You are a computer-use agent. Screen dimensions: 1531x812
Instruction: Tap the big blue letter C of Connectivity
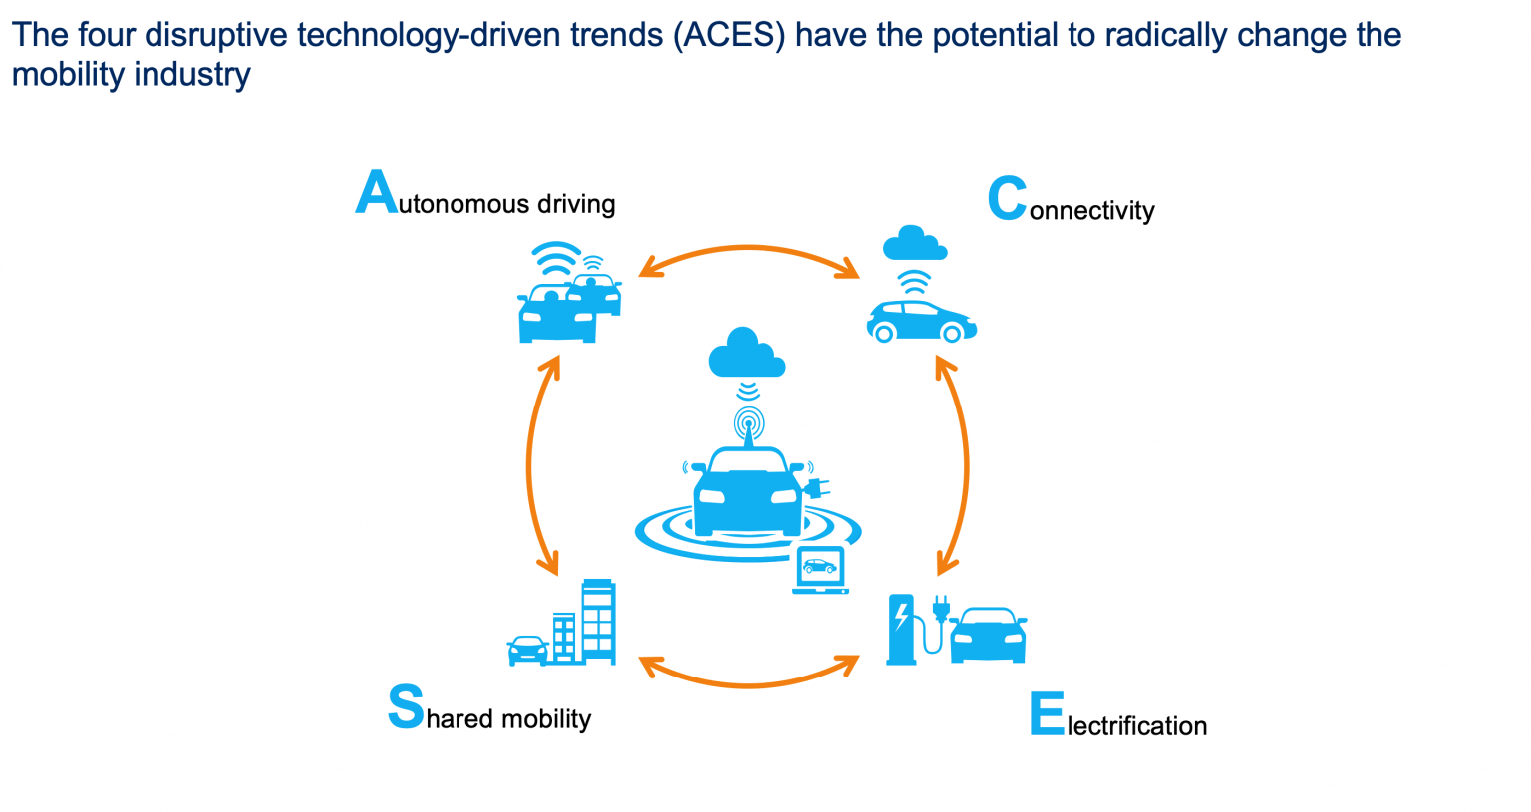[x=1008, y=198]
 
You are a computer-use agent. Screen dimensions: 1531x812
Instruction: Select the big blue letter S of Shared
[x=406, y=706]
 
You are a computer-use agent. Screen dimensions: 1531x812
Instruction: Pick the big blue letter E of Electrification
[x=1048, y=713]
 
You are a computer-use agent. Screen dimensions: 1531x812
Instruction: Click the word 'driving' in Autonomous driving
[x=576, y=203]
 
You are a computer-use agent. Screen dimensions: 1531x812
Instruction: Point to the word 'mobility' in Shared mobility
[x=546, y=719]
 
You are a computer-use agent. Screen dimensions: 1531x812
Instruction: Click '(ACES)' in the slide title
[x=730, y=34]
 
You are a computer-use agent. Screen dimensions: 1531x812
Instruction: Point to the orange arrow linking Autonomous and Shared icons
[x=528, y=465]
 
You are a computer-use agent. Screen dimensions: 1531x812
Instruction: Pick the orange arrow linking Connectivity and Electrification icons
[x=967, y=465]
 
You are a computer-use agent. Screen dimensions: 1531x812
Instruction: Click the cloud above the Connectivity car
[x=914, y=244]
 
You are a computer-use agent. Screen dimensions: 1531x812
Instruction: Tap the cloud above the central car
[x=747, y=353]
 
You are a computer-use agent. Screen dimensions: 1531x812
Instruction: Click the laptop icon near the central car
[x=821, y=570]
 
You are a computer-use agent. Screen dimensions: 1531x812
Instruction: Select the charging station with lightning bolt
[x=901, y=629]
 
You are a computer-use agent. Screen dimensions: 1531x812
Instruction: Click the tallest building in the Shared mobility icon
[x=599, y=622]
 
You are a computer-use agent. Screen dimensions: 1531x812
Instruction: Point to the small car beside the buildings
[x=527, y=651]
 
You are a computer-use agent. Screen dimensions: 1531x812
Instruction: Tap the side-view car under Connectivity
[x=922, y=321]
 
